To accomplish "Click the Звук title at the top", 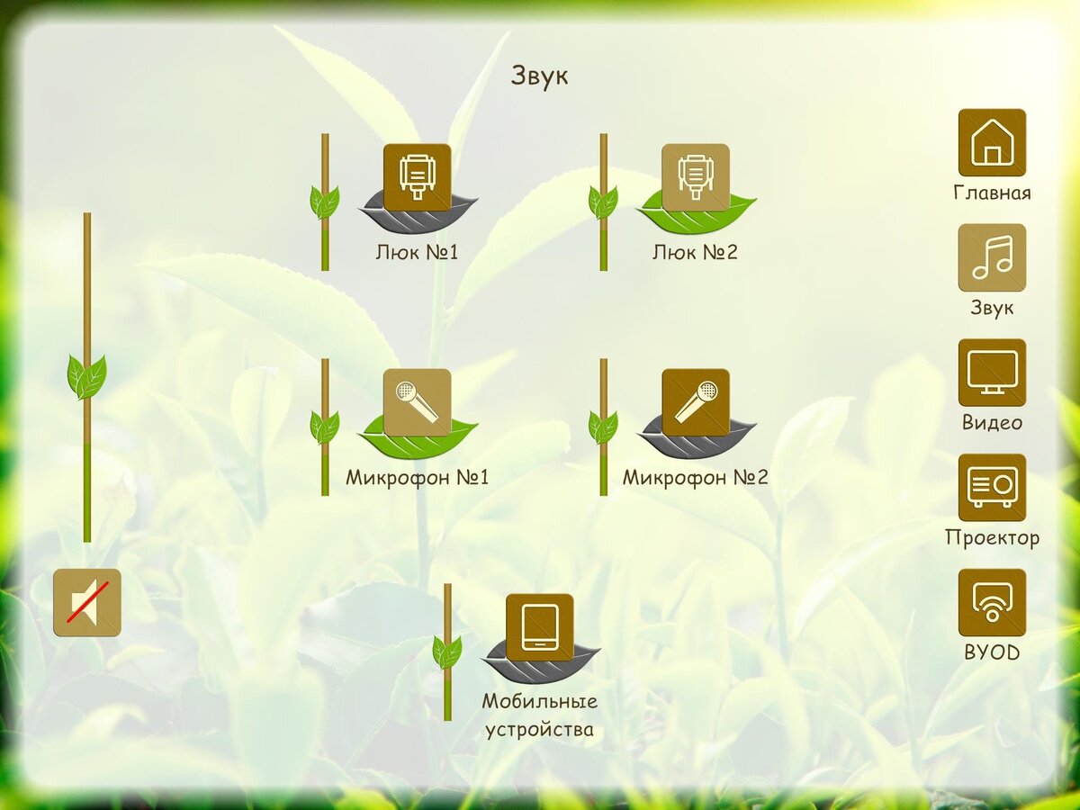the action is tap(539, 76).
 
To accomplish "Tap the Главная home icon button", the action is tap(992, 142).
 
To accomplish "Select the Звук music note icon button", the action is tap(992, 257).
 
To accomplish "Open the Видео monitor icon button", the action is tap(992, 373).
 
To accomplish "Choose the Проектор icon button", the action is tap(992, 488).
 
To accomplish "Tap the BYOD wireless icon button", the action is tap(992, 603).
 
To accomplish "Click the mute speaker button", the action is tap(87, 603).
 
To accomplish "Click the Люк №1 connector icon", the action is tap(418, 177).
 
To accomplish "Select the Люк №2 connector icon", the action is tap(695, 177).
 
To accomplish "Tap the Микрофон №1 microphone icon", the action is tap(418, 403).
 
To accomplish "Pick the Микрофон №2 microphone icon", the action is tap(695, 403).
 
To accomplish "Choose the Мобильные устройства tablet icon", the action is tap(540, 628).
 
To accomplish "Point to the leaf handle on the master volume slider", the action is tap(87, 377).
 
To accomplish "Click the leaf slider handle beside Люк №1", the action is tap(325, 202).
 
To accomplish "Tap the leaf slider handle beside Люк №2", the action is tap(604, 202).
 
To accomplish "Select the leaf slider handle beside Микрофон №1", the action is tap(325, 427).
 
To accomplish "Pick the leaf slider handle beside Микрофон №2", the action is tap(604, 427).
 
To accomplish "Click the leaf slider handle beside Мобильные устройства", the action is tap(447, 652).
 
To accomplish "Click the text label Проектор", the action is tap(993, 538).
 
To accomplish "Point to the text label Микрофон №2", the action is tap(695, 478).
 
